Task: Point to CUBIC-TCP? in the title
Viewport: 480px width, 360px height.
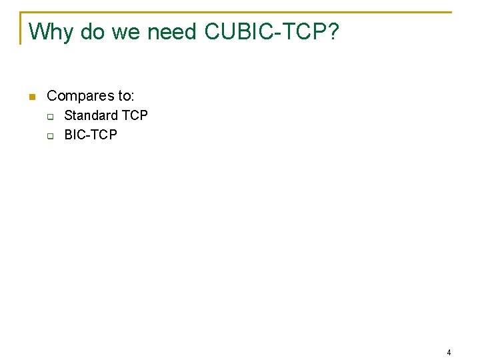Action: (271, 31)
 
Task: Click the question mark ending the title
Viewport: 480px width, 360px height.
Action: (333, 31)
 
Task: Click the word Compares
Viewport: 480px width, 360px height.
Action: (80, 96)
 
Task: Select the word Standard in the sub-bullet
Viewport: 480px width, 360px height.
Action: (91, 115)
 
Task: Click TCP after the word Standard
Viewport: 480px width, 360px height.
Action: (135, 115)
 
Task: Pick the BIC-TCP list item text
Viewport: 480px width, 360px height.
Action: (90, 135)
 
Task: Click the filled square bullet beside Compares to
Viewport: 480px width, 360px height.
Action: (31, 97)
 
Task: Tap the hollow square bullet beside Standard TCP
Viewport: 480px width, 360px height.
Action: (50, 117)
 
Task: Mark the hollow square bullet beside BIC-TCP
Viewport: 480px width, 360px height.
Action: (50, 136)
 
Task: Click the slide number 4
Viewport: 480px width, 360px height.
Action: (449, 353)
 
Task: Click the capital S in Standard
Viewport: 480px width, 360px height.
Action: (68, 115)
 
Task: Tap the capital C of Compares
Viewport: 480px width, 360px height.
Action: (52, 96)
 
